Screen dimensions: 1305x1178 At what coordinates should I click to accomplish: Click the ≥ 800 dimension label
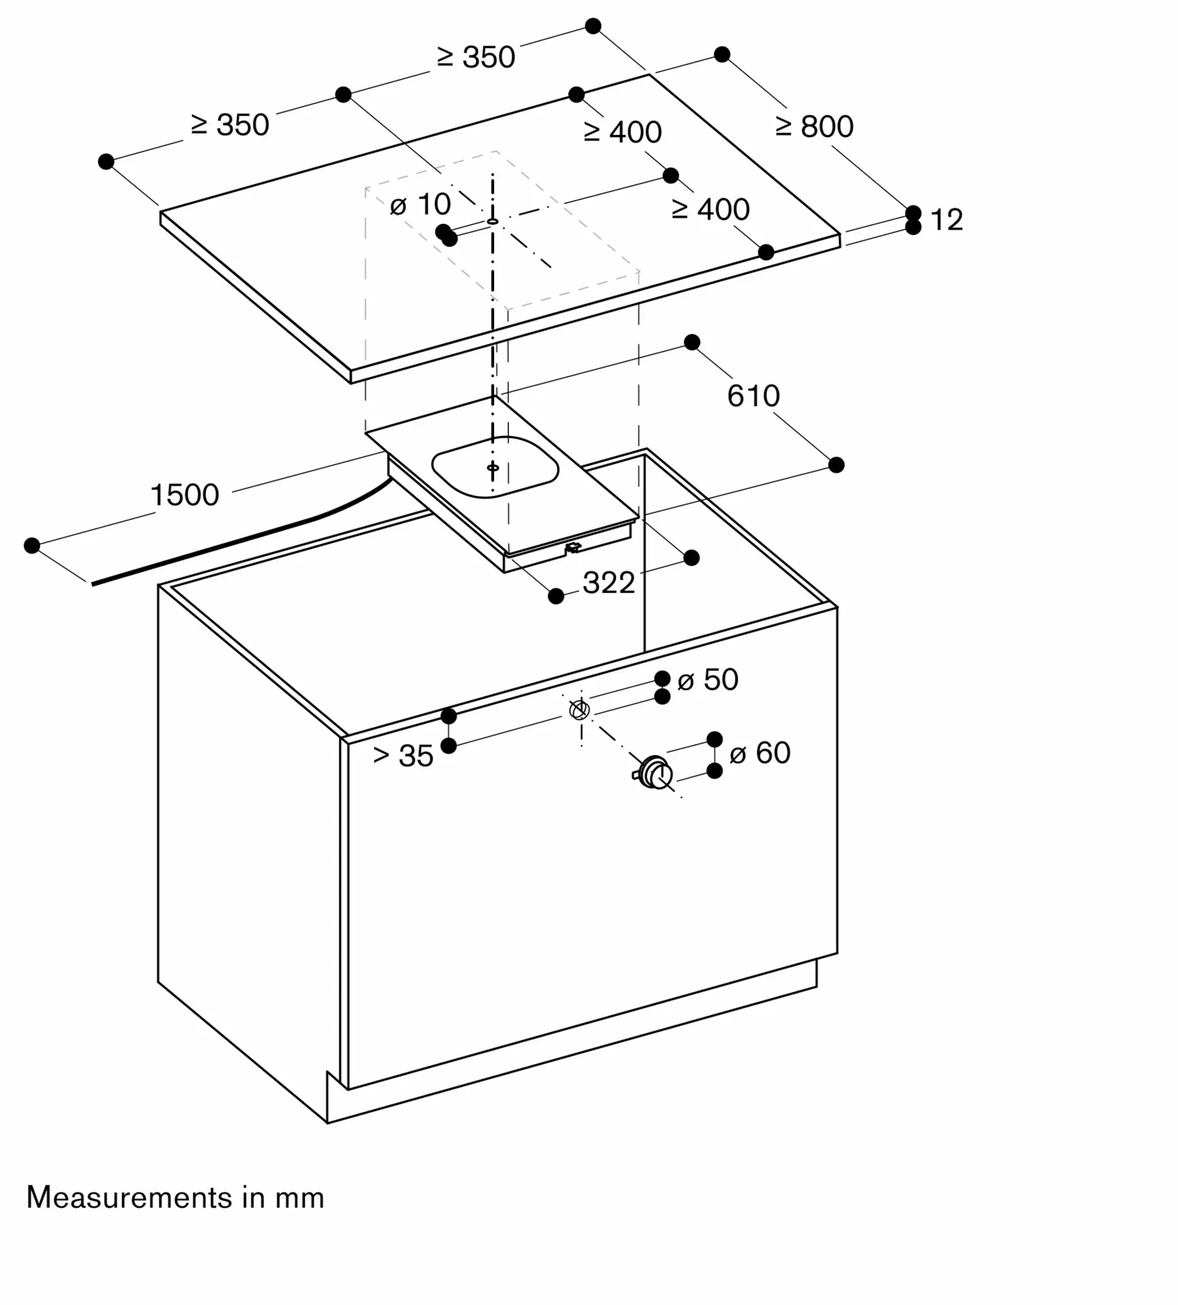pos(814,127)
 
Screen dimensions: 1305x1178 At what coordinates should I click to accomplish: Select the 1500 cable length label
pos(185,495)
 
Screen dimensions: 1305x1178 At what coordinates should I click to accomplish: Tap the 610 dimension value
pos(753,396)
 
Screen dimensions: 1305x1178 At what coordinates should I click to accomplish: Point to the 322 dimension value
pos(608,583)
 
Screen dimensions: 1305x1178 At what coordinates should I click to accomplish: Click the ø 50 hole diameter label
pos(707,680)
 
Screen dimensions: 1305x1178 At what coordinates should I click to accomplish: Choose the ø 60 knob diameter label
pos(760,753)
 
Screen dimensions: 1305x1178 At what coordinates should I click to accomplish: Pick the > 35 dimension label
pos(403,756)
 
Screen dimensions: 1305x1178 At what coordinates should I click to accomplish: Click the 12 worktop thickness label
pos(946,220)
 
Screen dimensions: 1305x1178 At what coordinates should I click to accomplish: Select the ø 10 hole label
pos(420,205)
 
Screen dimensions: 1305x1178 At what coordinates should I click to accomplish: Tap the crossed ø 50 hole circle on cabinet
pos(580,709)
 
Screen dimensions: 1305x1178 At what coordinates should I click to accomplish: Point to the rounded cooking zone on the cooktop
pos(495,467)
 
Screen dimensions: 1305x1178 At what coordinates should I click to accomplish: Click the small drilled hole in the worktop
pos(493,222)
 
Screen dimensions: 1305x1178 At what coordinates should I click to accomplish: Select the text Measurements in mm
pos(175,1198)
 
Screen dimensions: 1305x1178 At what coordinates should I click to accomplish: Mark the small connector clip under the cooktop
pos(572,547)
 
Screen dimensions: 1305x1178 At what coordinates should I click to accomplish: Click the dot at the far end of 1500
pos(31,545)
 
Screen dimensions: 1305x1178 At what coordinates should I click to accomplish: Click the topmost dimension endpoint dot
pos(593,26)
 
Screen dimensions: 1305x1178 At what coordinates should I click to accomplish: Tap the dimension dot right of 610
pos(836,465)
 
